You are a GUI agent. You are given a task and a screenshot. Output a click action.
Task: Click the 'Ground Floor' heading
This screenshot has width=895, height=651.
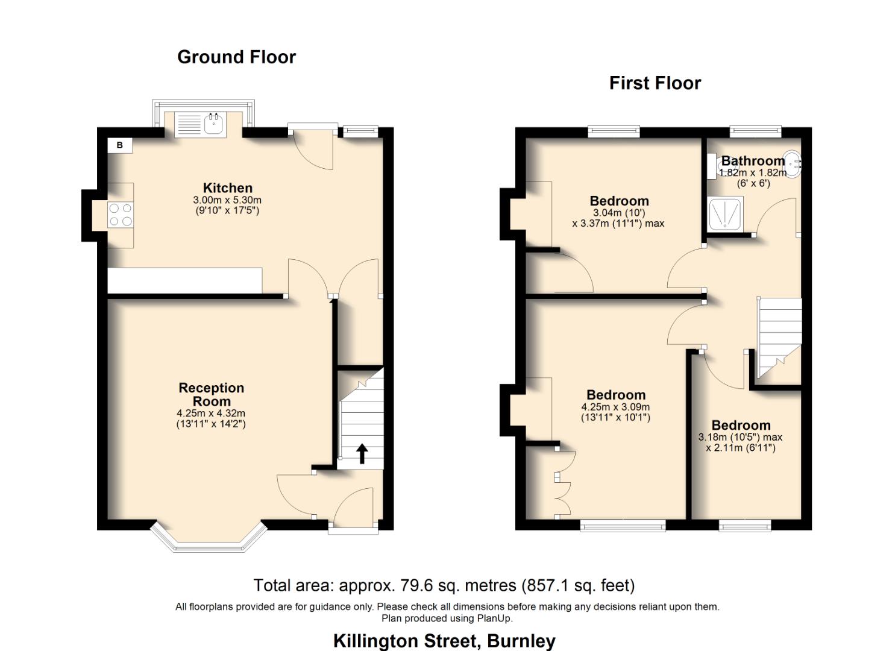tap(236, 57)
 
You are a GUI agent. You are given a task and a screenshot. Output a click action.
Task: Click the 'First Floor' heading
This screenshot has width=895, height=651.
tap(655, 83)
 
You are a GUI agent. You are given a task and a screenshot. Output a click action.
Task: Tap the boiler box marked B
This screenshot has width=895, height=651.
tap(120, 145)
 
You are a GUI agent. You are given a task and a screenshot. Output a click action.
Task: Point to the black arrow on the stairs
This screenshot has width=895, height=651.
tap(362, 453)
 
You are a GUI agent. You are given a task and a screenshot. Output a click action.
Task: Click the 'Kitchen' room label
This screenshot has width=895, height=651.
tap(227, 188)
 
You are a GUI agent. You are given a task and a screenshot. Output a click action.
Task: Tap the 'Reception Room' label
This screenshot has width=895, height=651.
tap(211, 395)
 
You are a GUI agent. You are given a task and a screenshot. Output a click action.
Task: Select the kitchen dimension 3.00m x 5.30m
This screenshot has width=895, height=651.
tap(227, 200)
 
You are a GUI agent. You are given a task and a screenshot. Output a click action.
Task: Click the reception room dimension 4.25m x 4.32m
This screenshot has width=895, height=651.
tap(211, 414)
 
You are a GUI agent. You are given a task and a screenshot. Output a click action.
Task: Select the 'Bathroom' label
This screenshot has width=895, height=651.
tap(753, 161)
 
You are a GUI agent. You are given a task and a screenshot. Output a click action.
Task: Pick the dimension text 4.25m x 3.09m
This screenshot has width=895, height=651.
tap(615, 407)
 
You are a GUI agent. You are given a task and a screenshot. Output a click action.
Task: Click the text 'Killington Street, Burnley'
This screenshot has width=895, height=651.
tap(444, 640)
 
